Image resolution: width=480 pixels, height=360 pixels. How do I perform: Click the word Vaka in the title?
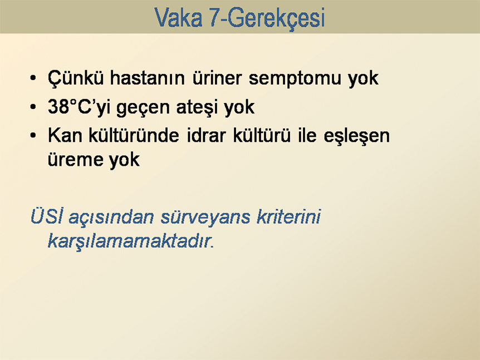[179, 17]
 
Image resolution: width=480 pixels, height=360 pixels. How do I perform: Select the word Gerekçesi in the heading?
[276, 18]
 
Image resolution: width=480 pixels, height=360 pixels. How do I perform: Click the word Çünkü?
[76, 78]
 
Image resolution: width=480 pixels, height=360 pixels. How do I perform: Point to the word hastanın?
[147, 78]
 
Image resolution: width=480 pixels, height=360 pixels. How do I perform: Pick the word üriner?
[217, 78]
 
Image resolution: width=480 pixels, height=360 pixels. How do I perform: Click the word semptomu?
[295, 79]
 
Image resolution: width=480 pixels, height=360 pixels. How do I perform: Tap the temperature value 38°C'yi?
[79, 107]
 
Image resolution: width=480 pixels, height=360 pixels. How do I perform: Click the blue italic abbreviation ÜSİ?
[47, 216]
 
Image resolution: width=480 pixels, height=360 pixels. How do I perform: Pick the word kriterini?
[288, 216]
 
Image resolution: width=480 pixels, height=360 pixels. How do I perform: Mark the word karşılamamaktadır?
[130, 241]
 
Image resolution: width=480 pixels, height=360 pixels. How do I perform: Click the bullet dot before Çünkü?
[33, 78]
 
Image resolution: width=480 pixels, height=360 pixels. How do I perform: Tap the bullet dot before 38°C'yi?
[33, 107]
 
